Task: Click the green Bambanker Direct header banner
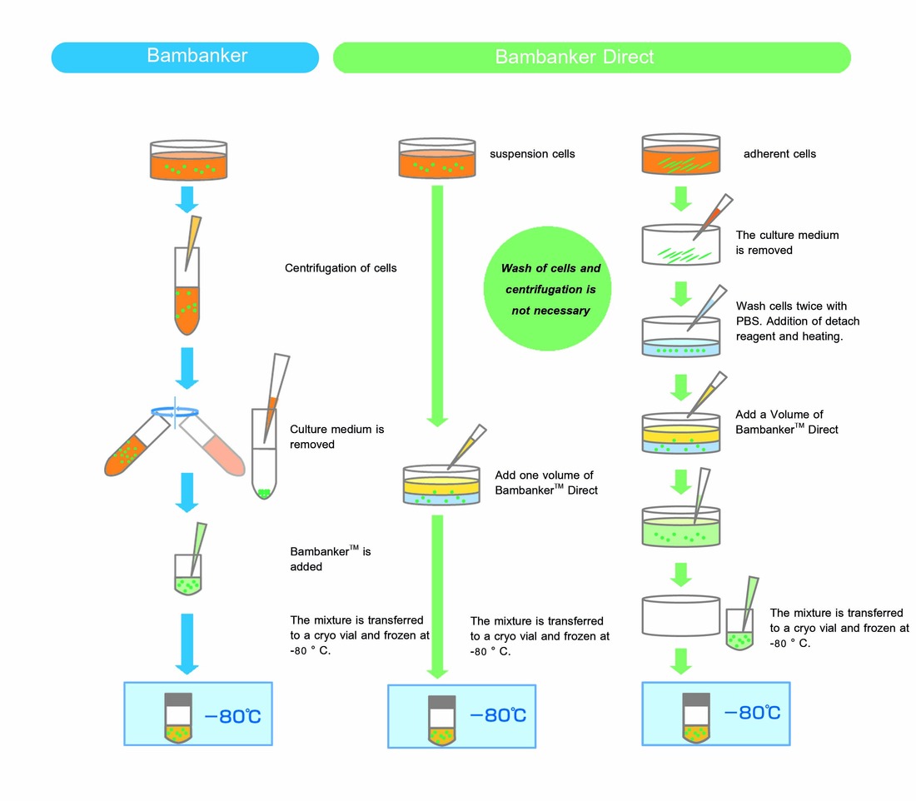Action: (591, 57)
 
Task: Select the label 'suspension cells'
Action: (532, 154)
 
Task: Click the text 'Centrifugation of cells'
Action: (341, 268)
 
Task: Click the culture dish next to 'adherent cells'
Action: (680, 156)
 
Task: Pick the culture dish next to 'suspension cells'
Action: (437, 157)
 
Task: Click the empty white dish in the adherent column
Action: (680, 615)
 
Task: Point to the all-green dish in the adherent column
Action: (680, 526)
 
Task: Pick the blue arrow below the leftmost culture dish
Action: (187, 200)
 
